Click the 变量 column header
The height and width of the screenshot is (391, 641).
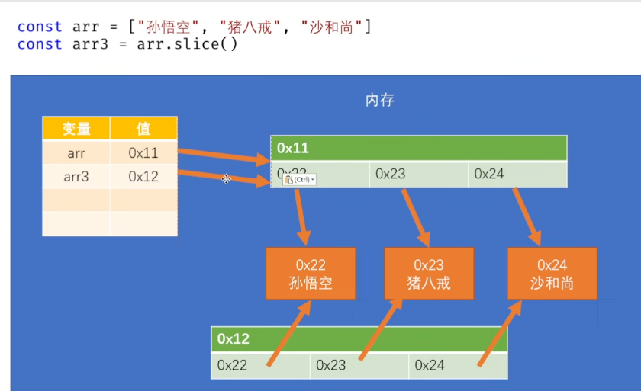[x=76, y=129]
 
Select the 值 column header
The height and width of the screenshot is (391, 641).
[x=143, y=129]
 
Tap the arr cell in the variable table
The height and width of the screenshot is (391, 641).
[x=76, y=153]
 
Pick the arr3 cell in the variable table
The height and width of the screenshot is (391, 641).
[x=76, y=177]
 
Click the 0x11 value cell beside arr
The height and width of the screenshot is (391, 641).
[x=143, y=153]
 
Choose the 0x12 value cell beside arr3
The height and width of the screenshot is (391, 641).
[x=143, y=177]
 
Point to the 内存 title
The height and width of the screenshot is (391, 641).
[x=380, y=100]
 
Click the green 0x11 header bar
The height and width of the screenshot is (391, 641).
[x=418, y=148]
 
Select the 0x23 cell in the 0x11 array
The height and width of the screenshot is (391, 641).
[x=418, y=174]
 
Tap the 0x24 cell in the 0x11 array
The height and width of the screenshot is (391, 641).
[x=517, y=174]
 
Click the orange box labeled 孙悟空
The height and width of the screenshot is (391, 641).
[x=311, y=274]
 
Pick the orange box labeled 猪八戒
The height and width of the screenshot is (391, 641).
[x=428, y=274]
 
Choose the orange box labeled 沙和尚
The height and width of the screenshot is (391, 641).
[x=552, y=274]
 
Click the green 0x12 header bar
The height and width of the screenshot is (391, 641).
[x=359, y=339]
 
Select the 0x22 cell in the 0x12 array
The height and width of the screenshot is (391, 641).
[x=259, y=365]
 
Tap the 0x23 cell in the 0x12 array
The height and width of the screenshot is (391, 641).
[x=359, y=365]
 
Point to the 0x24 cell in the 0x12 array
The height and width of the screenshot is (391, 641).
[x=458, y=365]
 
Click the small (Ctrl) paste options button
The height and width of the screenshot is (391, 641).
[x=300, y=180]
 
